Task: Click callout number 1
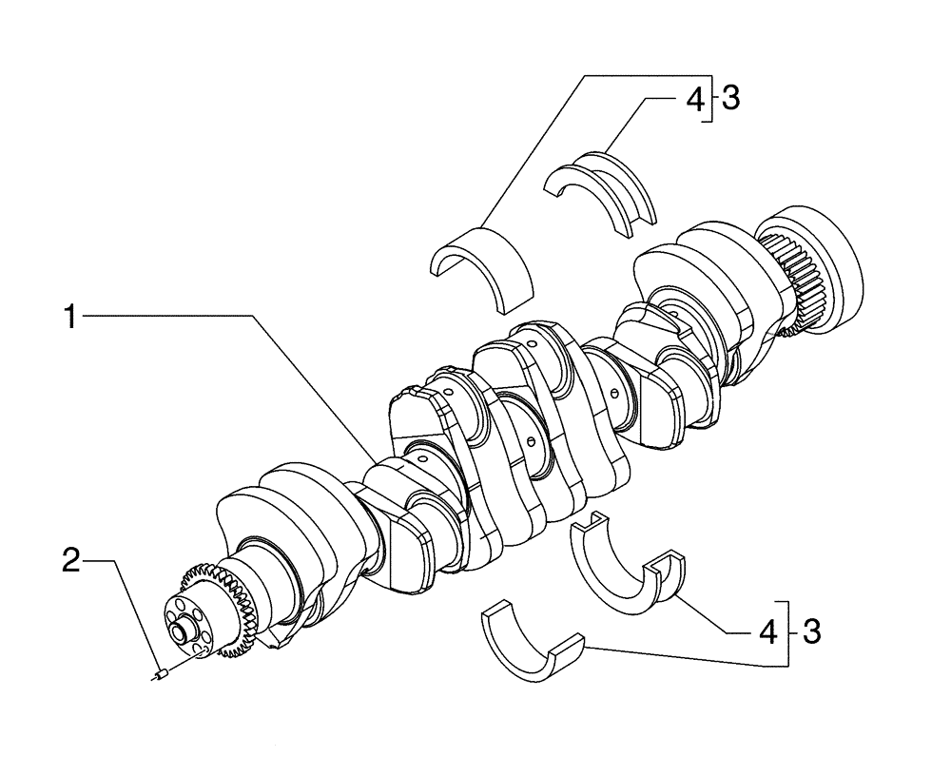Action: (69, 317)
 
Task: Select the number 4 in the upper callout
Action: (695, 98)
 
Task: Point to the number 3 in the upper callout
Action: (729, 98)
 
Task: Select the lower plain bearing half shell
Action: (533, 647)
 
